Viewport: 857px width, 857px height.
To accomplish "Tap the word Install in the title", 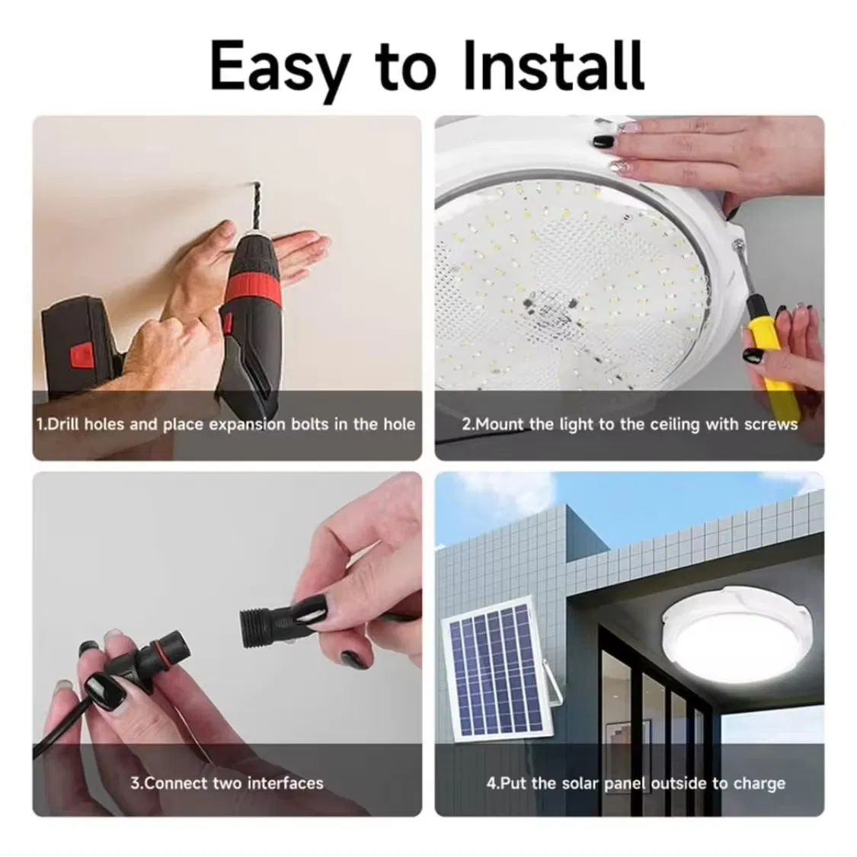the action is (x=553, y=65).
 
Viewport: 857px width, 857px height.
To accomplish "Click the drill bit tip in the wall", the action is (x=255, y=184).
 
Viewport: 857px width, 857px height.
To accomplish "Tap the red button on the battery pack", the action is (x=80, y=355).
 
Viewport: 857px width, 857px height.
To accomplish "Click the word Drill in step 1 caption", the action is (x=65, y=424).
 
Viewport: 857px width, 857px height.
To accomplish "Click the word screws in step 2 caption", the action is (x=771, y=424).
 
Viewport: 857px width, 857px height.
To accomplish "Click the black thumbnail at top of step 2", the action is (x=603, y=142).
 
